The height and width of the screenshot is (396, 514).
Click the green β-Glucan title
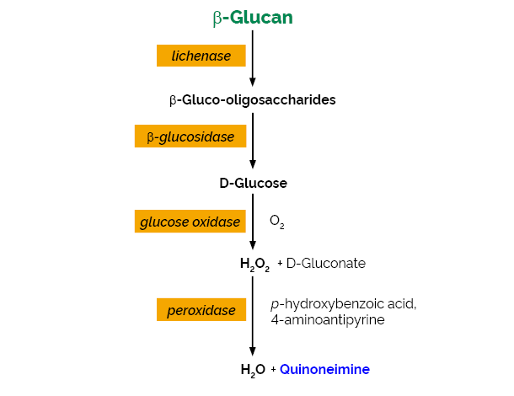(253, 18)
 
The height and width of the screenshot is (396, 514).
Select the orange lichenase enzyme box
(201, 56)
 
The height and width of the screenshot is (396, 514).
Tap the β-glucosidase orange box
(190, 136)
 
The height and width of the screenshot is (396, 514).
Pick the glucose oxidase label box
(190, 222)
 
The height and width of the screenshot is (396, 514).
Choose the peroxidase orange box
(201, 309)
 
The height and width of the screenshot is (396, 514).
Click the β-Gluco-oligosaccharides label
(253, 100)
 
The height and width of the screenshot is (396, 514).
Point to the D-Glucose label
(253, 183)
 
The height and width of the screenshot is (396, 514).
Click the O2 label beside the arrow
(277, 222)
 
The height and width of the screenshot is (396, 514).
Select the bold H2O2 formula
(254, 265)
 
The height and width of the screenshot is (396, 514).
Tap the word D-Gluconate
(326, 263)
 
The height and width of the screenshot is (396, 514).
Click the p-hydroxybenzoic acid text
(344, 304)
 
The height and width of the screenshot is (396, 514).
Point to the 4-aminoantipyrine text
(328, 319)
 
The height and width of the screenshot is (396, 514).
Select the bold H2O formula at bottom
(253, 370)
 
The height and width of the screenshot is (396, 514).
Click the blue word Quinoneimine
(325, 369)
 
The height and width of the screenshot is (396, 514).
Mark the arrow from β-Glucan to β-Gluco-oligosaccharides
(253, 58)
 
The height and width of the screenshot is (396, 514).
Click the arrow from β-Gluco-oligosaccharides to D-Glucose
(253, 141)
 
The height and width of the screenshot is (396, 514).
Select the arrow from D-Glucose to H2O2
(253, 222)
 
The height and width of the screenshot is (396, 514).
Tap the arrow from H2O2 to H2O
(253, 316)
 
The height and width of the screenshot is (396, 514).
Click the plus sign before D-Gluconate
(280, 263)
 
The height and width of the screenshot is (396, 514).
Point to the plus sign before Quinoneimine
(273, 369)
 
